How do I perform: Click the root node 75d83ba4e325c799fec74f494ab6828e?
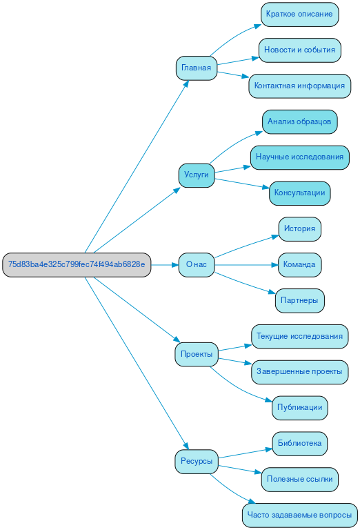(77, 264)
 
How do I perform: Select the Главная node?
(196, 68)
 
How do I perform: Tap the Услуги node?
(196, 175)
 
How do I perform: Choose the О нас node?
(196, 264)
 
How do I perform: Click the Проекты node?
(196, 354)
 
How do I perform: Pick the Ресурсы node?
(196, 461)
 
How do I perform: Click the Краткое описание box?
(299, 14)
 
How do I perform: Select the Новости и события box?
(299, 50)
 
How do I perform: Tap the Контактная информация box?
(299, 86)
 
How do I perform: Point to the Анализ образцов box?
(299, 121)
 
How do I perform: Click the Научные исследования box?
(299, 157)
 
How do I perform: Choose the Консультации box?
(299, 193)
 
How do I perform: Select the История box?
(299, 228)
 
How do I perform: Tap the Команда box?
(299, 264)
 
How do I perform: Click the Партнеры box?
(299, 300)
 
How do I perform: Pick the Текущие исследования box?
(299, 336)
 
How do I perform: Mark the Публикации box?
(299, 407)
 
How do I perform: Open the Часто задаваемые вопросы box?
(299, 515)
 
